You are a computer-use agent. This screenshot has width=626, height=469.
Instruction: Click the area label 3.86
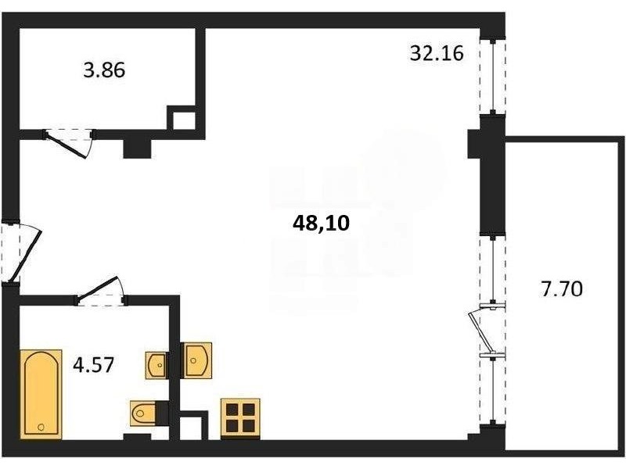(104, 70)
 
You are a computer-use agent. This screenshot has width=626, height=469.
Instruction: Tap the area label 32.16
(437, 53)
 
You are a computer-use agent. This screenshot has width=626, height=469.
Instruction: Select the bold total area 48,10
(321, 224)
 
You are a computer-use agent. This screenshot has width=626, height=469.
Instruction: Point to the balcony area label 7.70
(561, 288)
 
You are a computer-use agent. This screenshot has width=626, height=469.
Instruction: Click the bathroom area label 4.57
(94, 364)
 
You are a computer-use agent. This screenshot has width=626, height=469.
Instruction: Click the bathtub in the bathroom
(41, 395)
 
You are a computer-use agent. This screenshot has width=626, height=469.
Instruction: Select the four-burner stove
(240, 419)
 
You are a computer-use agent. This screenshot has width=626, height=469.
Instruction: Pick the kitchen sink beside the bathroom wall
(196, 360)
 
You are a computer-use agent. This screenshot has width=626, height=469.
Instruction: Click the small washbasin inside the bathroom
(156, 365)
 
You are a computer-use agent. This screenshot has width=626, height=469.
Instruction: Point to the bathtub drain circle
(41, 427)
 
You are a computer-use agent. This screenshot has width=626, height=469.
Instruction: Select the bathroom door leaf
(97, 287)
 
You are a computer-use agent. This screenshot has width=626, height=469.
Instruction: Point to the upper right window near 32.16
(493, 77)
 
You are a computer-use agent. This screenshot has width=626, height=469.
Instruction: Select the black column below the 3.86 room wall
(138, 149)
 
